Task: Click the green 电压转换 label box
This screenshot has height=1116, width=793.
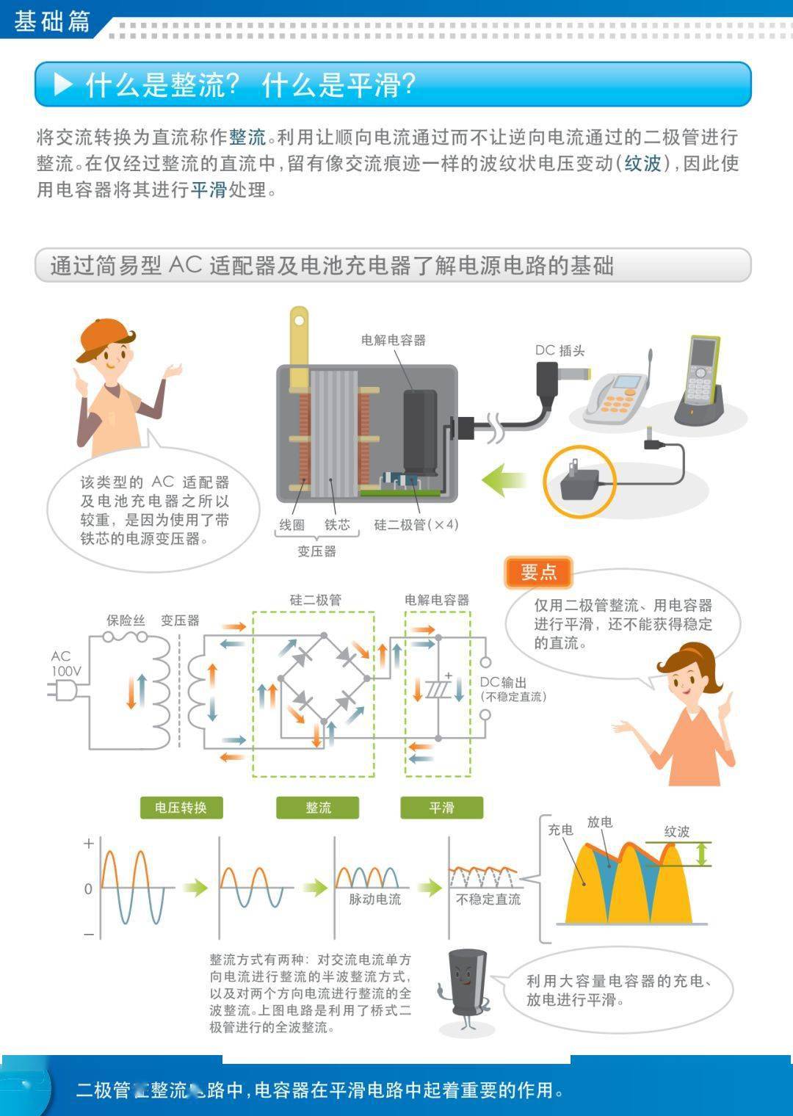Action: [x=181, y=808]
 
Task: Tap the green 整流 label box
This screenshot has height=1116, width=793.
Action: [x=318, y=808]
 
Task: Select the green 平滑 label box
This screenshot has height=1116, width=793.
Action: [x=441, y=808]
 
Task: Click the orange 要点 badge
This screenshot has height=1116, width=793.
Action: [x=538, y=573]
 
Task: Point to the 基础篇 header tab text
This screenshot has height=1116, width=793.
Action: [x=51, y=21]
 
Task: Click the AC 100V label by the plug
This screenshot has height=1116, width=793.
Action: [x=65, y=663]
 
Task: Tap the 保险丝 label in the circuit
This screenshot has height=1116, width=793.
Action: [x=126, y=620]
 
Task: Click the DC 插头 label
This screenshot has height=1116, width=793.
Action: [x=560, y=350]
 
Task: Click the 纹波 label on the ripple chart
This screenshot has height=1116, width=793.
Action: [x=676, y=831]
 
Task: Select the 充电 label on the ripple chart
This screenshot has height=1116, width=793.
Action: [x=560, y=830]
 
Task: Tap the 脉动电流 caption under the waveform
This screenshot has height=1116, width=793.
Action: [x=374, y=899]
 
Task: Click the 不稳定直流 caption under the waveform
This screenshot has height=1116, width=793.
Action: [x=488, y=899]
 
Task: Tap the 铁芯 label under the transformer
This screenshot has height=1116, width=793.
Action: [x=338, y=524]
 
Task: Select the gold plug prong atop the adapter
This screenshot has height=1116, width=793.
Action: [x=299, y=345]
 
